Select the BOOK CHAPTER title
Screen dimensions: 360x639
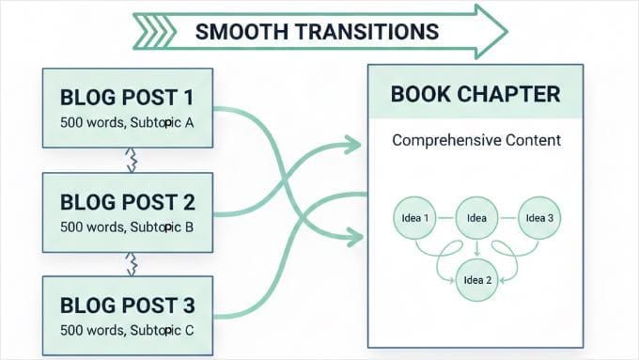point(475,95)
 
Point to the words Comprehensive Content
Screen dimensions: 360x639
point(475,141)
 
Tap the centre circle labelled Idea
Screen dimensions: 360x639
point(475,219)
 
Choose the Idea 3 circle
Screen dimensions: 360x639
point(539,219)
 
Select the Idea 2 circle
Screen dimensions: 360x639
point(475,280)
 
